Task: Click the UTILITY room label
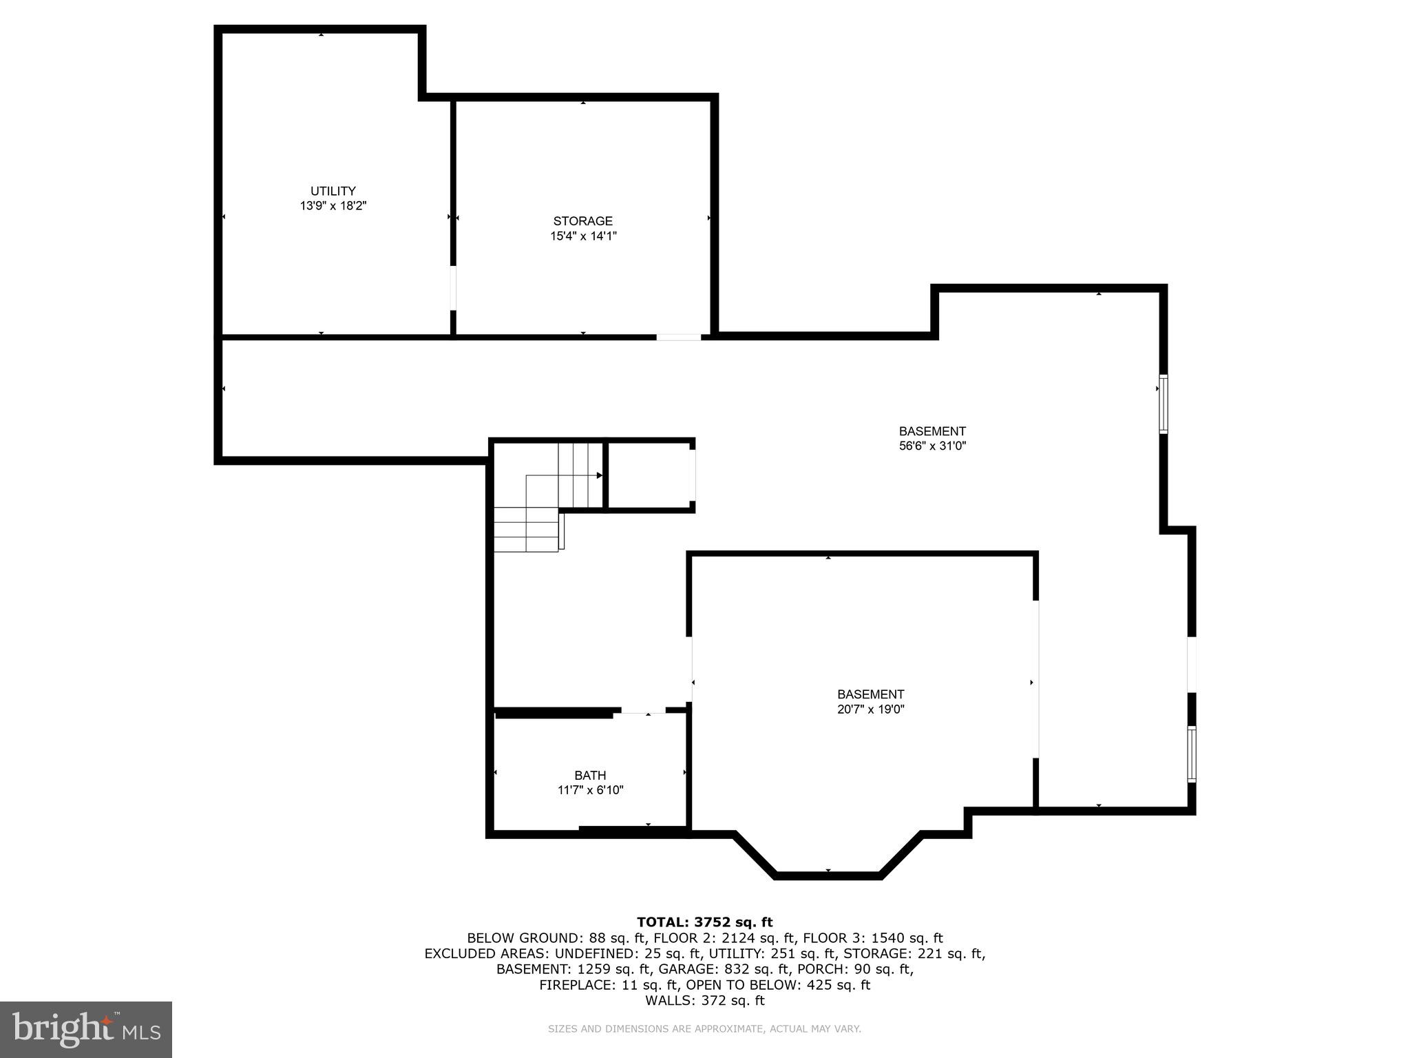coord(333,191)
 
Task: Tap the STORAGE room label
coord(582,221)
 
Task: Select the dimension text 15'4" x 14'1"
coord(582,236)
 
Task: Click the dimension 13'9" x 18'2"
coord(333,206)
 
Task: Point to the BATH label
coord(590,776)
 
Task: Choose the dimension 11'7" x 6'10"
coord(590,790)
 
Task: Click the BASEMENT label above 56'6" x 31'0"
coord(932,431)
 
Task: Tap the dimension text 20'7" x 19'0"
coord(870,709)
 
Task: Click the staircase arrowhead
coord(599,475)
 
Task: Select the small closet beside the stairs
coord(649,476)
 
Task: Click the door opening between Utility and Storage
coord(453,288)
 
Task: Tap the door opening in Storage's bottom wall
coord(678,337)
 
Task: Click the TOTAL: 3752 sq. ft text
coord(704,922)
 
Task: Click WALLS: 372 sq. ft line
coord(704,1001)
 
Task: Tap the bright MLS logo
coord(86,1029)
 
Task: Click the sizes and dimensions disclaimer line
coord(704,1029)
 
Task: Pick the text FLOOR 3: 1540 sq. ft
coord(874,938)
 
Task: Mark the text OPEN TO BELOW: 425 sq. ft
coord(778,985)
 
